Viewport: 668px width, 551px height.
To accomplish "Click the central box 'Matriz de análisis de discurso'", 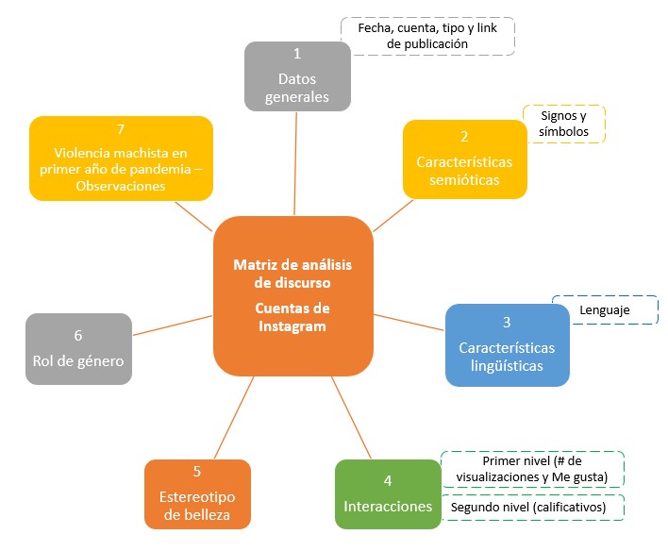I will click(x=293, y=294).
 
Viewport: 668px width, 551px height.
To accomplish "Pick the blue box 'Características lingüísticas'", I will click(x=507, y=344).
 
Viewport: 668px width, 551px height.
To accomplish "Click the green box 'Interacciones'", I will click(x=388, y=493).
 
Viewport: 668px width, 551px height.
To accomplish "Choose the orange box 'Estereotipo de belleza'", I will click(x=197, y=493).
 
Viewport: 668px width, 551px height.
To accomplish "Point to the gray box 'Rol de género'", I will click(x=78, y=347).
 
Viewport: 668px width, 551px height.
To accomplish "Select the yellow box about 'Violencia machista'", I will click(x=121, y=158).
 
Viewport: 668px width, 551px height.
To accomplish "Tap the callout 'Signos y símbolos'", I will click(x=565, y=124).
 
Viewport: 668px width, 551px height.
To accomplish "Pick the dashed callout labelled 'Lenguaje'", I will click(x=605, y=309).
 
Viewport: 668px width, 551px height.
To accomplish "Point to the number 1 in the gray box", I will click(x=296, y=54).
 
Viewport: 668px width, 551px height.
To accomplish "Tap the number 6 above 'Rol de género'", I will click(x=78, y=335).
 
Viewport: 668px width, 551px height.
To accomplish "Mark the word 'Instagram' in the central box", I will click(x=292, y=326).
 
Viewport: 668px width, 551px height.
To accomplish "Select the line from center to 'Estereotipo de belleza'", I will click(x=233, y=418).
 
